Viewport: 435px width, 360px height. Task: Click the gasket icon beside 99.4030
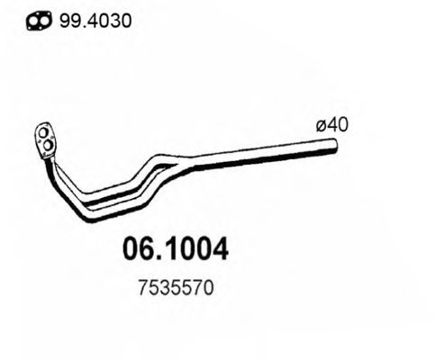(37, 21)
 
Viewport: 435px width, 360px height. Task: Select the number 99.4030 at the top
(96, 20)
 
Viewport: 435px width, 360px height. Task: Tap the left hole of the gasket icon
(31, 21)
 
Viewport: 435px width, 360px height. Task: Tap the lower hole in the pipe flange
(46, 148)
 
